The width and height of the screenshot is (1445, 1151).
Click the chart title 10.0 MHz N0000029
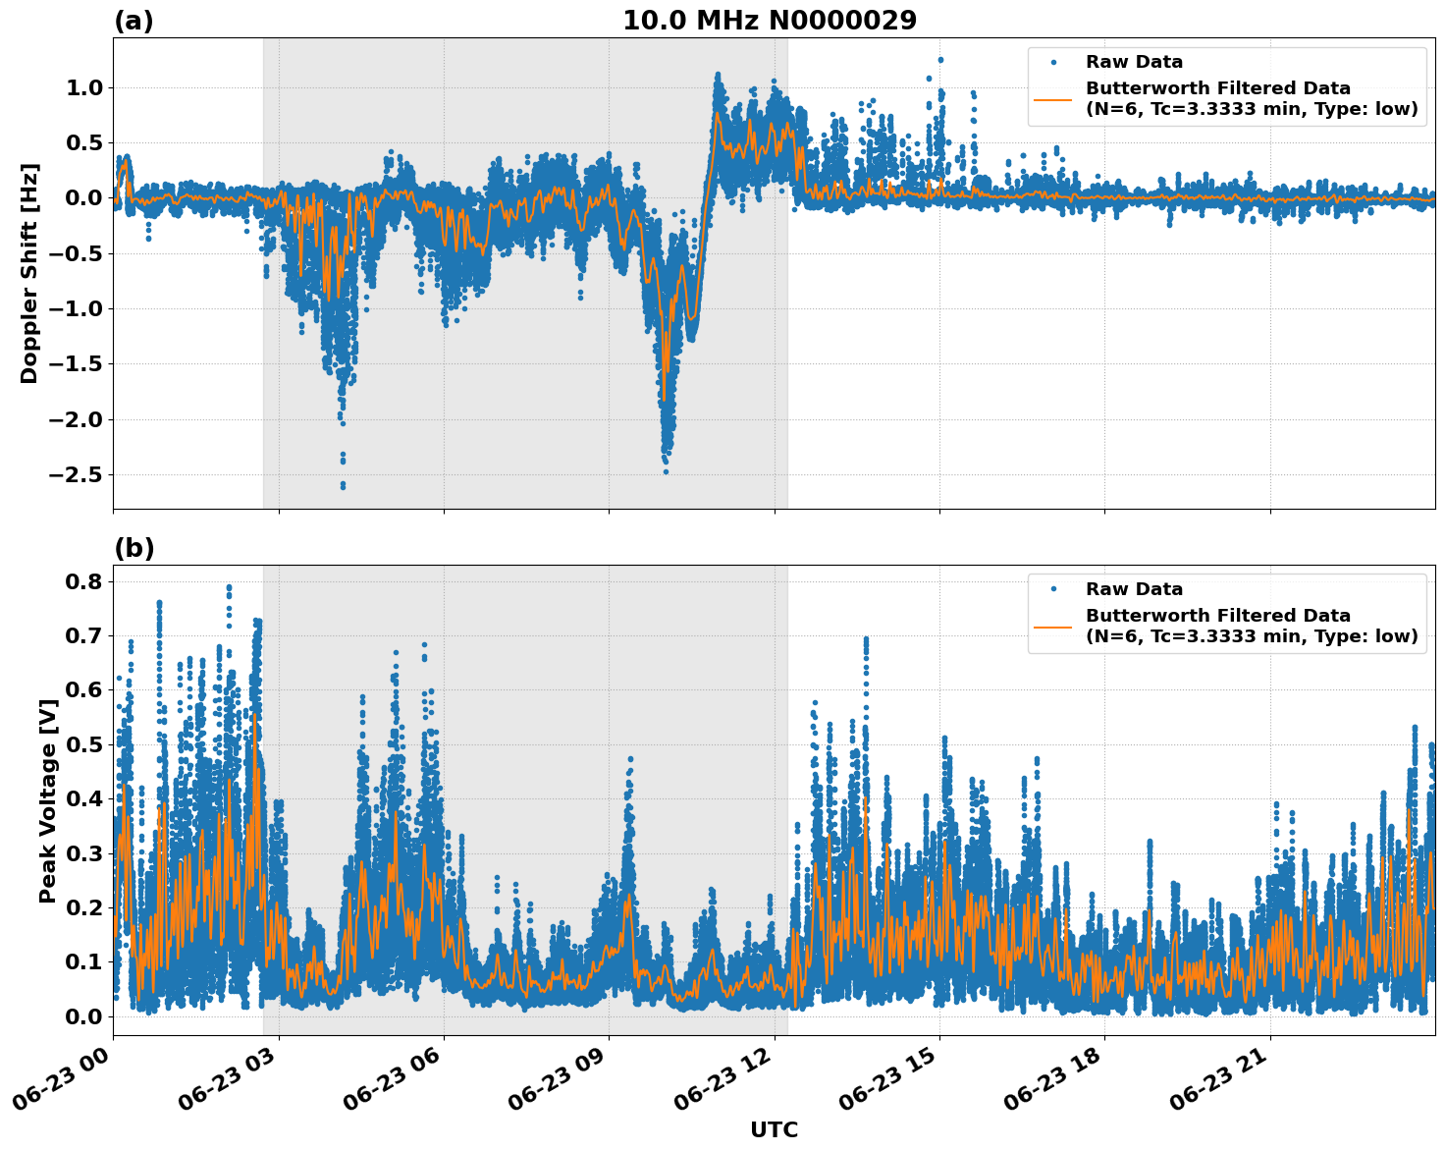tap(769, 21)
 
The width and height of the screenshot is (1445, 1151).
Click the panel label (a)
tap(134, 21)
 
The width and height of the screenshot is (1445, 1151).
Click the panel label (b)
tap(134, 548)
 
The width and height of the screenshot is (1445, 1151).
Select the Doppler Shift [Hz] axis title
tap(29, 273)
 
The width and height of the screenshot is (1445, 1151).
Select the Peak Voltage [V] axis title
tap(47, 800)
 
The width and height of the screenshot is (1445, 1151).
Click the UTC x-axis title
tap(774, 1129)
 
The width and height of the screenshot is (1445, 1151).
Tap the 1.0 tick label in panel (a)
tap(83, 88)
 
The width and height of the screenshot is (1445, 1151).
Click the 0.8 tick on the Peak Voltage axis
tap(83, 581)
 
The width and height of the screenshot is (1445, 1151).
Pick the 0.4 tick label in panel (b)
tap(83, 798)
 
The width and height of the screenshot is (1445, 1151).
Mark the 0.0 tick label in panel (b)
tap(83, 1016)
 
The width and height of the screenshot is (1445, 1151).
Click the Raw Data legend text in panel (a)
tap(1134, 63)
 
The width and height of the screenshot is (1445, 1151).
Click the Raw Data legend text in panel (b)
tap(1134, 589)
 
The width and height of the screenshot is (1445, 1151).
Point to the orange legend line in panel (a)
tap(1052, 99)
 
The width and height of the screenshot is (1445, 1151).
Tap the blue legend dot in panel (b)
tap(1052, 589)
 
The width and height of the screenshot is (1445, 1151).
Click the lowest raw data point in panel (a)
tap(343, 486)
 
